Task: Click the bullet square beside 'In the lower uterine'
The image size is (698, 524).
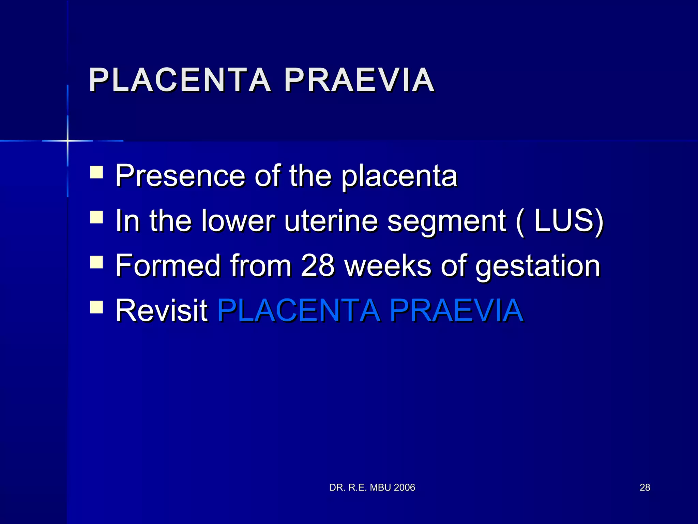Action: tap(96, 217)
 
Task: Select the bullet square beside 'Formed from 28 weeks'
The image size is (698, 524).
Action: tap(96, 262)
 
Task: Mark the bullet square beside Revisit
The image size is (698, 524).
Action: tap(96, 307)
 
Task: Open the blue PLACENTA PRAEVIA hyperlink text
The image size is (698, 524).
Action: tap(370, 310)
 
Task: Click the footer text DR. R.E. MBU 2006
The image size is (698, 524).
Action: tap(372, 487)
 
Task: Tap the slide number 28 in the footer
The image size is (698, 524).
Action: tap(645, 487)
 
